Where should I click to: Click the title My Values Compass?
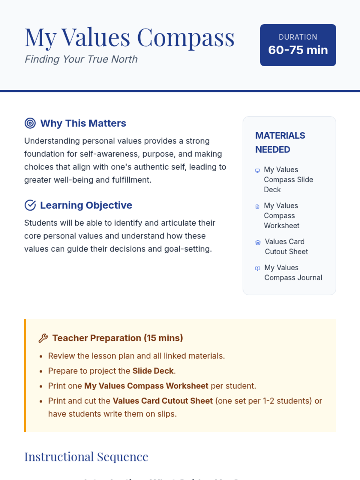click(129, 38)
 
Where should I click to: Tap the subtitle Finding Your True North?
click(81, 59)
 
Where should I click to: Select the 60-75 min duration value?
click(298, 50)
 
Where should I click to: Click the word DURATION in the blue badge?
click(298, 37)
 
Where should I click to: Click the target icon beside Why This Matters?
click(30, 123)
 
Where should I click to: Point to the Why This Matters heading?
click(83, 123)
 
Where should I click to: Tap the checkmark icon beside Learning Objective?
click(30, 205)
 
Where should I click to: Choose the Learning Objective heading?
click(86, 205)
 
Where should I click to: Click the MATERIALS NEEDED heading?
click(280, 142)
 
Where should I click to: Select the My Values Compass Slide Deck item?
click(288, 179)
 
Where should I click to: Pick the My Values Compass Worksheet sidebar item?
click(281, 215)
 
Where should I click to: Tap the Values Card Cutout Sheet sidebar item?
click(286, 247)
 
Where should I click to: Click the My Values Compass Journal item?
click(293, 272)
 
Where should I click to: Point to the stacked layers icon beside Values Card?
click(258, 242)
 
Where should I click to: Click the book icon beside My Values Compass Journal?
click(257, 268)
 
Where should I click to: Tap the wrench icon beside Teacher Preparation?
click(43, 338)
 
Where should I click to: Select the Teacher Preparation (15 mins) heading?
click(118, 338)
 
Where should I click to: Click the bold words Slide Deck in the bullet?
click(153, 371)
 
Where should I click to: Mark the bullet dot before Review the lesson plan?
click(41, 356)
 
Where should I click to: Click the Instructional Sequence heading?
click(86, 457)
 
